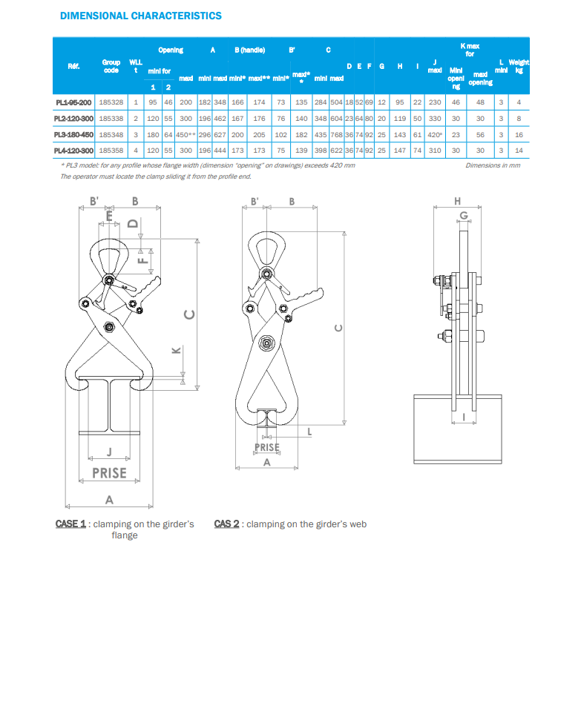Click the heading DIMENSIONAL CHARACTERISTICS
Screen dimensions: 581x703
pos(141,16)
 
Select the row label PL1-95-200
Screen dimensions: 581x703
pos(73,102)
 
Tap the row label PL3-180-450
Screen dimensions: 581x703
pos(73,134)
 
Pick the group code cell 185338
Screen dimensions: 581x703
pos(111,119)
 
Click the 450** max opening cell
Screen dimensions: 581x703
pos(186,134)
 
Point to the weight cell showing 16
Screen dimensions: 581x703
pos(519,134)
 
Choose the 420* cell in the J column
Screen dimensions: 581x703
pos(434,134)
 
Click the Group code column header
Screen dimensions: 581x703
pos(111,66)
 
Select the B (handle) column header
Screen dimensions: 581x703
pos(250,50)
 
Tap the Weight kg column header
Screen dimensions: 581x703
pos(519,66)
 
